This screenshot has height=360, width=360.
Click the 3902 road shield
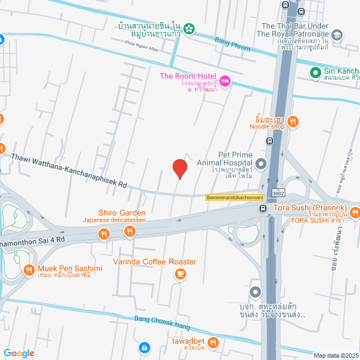[x=278, y=192]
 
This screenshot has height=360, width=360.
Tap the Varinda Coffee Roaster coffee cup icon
[x=180, y=273]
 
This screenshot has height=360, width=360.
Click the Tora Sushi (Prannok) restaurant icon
[x=354, y=213]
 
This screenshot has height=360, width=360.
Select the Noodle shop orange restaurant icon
[x=292, y=121]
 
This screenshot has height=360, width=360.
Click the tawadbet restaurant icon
[x=213, y=341]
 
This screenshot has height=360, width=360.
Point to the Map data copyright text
[x=336, y=355]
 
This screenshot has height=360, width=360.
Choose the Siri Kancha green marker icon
[x=316, y=72]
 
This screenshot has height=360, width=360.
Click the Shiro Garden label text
[x=122, y=213]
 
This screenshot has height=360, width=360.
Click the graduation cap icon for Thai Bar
[x=337, y=35]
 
